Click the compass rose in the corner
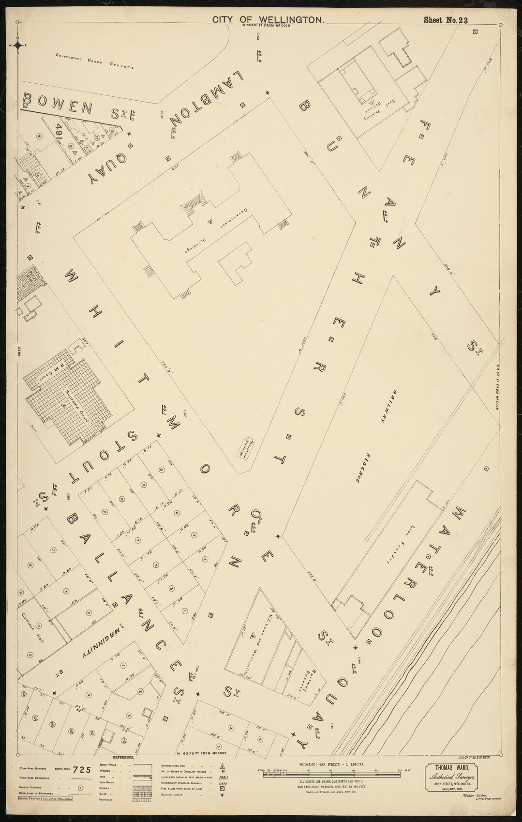click(x=17, y=46)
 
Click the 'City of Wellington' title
click(x=268, y=20)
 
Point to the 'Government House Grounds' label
click(x=94, y=61)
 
